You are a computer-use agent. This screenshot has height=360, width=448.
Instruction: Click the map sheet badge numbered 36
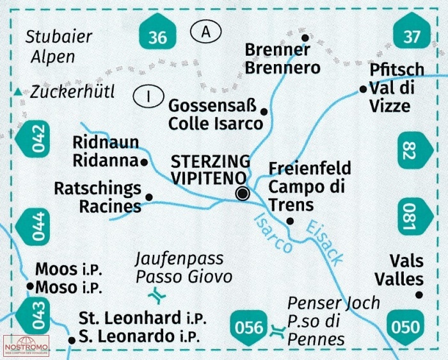point(157,31)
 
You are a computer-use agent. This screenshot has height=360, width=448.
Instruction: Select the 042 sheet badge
point(32,138)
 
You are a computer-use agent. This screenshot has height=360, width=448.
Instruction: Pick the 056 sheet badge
point(248,327)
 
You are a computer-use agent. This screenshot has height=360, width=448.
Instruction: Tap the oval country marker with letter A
point(205,31)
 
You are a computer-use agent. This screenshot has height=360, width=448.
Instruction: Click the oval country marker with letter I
point(148,96)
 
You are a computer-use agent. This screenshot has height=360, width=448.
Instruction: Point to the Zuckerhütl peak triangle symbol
point(19,92)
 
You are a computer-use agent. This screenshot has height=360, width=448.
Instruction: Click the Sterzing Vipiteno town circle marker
point(243,193)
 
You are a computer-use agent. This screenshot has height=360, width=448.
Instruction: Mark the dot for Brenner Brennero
point(305,37)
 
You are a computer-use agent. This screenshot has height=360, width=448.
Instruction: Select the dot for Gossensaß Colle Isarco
point(264,111)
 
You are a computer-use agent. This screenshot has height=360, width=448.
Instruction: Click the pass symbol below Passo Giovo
point(157,296)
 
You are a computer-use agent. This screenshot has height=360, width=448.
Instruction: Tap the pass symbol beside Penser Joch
point(278,332)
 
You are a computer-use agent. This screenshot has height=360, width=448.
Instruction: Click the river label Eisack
point(324,243)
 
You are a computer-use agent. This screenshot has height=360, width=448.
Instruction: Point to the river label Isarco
point(273,233)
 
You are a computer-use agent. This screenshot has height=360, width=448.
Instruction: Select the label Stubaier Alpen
point(59,47)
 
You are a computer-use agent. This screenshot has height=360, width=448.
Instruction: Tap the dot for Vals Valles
point(419,295)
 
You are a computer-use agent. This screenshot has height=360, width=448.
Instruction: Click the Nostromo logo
point(26,346)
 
